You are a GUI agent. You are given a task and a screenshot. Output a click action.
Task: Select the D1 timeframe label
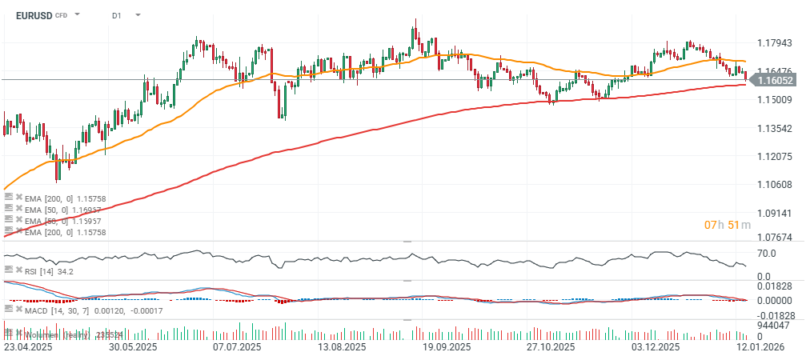116,14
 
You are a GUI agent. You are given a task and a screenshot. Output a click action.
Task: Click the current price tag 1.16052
775,80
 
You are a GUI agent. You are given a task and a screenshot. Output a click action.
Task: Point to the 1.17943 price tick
773,42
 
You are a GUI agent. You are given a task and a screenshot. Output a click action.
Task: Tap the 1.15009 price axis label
773,99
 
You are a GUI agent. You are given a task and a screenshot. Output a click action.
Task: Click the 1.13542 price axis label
773,128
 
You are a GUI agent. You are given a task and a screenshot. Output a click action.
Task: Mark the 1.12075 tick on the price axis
773,156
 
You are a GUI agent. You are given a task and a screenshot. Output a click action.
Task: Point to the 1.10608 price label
773,185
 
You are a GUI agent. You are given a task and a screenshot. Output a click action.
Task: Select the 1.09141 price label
773,214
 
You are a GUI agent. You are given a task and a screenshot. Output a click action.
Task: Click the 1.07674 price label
773,238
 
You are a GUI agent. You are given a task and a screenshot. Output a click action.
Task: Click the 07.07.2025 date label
237,347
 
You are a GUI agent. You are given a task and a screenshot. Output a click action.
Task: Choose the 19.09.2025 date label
444,347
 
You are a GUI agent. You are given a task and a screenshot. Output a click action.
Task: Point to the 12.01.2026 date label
760,347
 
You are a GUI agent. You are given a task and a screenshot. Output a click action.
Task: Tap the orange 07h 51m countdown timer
728,225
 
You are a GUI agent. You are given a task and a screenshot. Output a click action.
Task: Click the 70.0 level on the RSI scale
766,253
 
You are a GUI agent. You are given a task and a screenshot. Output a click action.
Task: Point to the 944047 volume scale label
773,326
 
